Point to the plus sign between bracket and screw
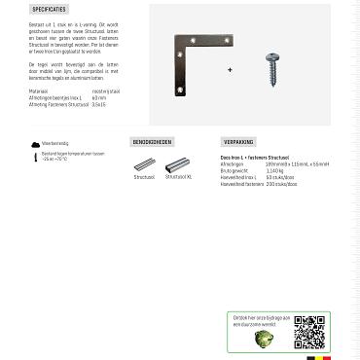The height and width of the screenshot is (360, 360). pyautogui.click(x=231, y=70)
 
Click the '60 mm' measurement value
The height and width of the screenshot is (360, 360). pyautogui.click(x=98, y=98)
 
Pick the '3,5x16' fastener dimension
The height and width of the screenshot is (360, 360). pyautogui.click(x=99, y=104)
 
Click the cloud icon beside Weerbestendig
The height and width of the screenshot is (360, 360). pyautogui.click(x=36, y=143)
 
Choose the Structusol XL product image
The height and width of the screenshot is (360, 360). pyautogui.click(x=177, y=165)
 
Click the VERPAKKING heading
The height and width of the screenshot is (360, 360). pyautogui.click(x=238, y=142)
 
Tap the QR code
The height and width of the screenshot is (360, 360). pyautogui.click(x=308, y=332)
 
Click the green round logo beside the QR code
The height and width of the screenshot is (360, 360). pyautogui.click(x=263, y=338)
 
